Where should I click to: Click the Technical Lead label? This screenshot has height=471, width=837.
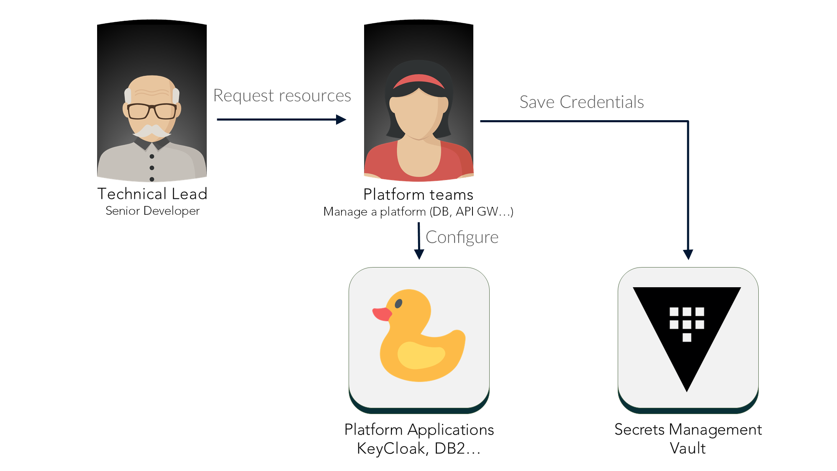(x=152, y=194)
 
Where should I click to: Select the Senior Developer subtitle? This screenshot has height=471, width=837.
(x=152, y=211)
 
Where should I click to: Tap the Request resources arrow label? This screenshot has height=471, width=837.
(x=282, y=95)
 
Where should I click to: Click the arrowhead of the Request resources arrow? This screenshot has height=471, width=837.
(x=341, y=120)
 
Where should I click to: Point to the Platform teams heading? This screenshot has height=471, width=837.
(x=418, y=195)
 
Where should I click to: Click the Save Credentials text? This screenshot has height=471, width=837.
(x=581, y=102)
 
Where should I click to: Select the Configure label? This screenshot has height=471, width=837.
(x=462, y=237)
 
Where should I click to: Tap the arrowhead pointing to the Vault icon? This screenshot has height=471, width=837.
(x=688, y=254)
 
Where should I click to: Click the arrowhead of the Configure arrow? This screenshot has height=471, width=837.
(x=419, y=254)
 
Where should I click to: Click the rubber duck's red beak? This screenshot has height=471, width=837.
(x=381, y=314)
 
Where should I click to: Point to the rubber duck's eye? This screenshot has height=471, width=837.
(x=398, y=304)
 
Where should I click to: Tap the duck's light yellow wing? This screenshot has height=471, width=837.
(x=421, y=355)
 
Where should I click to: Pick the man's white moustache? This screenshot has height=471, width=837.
(x=152, y=131)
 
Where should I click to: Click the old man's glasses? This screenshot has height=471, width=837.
(x=151, y=111)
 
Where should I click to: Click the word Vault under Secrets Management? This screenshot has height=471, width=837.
(x=688, y=448)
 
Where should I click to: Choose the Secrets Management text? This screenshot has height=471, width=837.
(x=688, y=430)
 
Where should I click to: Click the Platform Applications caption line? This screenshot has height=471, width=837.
(x=419, y=430)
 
